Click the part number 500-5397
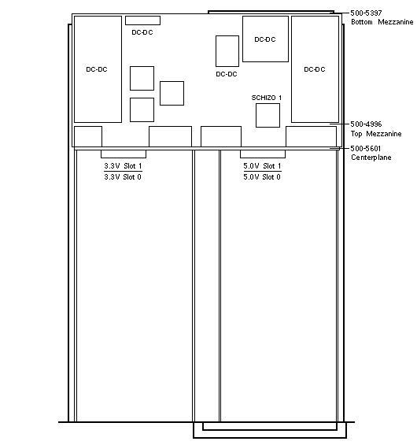click(366, 13)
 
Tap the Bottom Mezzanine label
click(382, 22)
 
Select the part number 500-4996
click(366, 124)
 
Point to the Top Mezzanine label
click(376, 134)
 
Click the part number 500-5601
click(366, 148)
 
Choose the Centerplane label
click(371, 158)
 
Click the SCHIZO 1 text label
click(267, 98)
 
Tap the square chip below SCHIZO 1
click(268, 115)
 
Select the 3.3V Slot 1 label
click(123, 165)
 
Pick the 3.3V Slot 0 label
click(123, 176)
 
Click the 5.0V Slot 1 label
click(262, 165)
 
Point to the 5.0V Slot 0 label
click(262, 176)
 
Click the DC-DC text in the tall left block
click(97, 69)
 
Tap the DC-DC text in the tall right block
click(315, 69)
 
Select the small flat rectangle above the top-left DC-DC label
click(143, 20)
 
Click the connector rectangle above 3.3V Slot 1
click(124, 154)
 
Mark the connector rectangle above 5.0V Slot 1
click(263, 154)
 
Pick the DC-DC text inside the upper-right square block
click(265, 39)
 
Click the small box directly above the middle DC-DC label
click(227, 51)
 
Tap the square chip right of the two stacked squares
click(172, 94)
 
